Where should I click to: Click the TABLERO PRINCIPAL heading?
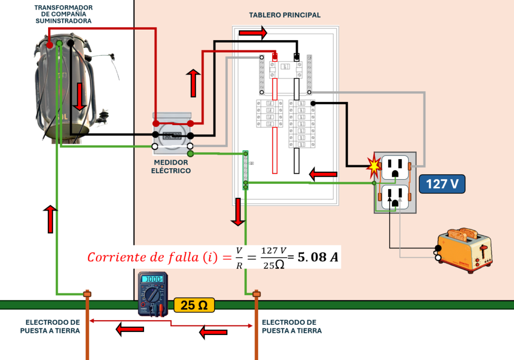point(285,15)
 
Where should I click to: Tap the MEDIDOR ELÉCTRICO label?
point(172,167)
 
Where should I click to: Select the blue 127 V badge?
point(442,184)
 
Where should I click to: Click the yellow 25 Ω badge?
point(194,305)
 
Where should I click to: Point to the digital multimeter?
point(153,295)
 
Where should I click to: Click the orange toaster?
point(464,250)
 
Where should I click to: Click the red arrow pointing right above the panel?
point(253,33)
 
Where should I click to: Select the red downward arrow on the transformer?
point(79,97)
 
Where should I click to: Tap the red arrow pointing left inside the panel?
point(323,174)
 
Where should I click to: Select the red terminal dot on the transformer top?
point(50,45)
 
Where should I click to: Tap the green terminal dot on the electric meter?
point(190,153)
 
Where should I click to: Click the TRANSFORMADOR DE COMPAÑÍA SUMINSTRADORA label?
point(63,15)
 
